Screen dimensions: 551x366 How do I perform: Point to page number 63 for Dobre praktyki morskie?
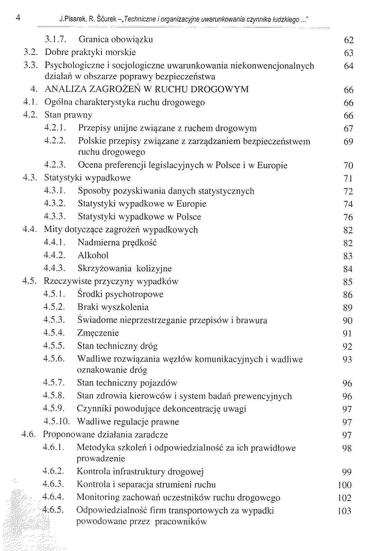349,53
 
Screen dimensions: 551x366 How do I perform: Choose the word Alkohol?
93,255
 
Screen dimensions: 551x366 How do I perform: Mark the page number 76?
348,217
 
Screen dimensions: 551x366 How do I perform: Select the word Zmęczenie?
98,333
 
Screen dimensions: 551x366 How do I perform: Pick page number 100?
345,485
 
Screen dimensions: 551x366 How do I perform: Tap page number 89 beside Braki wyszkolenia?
348,308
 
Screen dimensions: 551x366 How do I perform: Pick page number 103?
345,511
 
